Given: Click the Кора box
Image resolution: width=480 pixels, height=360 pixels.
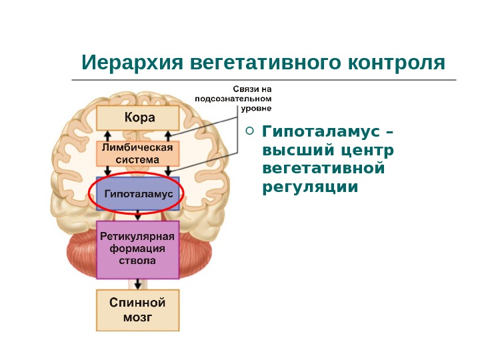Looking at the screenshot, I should tap(139, 118).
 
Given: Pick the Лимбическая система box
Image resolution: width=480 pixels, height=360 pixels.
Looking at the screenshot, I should tap(139, 153).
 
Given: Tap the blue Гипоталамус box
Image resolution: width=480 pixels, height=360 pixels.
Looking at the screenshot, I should tap(138, 194).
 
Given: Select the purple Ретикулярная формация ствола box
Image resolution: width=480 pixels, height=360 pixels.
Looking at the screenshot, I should tap(138, 249).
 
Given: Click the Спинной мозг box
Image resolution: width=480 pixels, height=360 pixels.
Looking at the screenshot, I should tap(138, 310).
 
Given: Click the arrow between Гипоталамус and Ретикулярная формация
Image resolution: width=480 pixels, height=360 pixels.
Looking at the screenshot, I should tap(138, 216).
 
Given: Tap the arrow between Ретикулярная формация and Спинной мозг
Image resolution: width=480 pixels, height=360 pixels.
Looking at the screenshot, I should tap(138, 283).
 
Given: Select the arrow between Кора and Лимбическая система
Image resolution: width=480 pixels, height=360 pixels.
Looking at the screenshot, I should tap(138, 135).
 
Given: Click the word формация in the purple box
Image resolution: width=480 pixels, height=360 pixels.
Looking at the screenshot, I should tap(138, 249).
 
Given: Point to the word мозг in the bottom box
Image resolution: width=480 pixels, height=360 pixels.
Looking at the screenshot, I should tap(138, 318).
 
